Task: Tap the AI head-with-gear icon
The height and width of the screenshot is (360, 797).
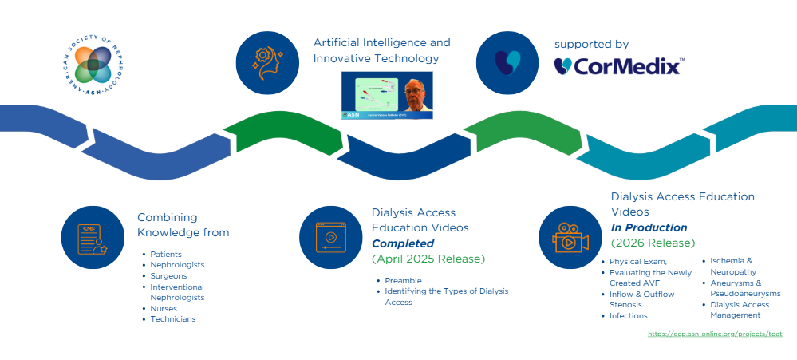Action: coord(268,61)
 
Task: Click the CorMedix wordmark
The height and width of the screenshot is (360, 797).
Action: coord(619,65)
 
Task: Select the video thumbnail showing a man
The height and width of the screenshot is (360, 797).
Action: coord(387,96)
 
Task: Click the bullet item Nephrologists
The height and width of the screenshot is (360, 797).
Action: coord(177,265)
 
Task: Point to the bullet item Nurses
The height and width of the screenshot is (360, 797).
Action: coord(164,308)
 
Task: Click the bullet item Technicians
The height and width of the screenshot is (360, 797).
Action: coord(173,319)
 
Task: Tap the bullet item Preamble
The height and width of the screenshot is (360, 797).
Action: coord(403,280)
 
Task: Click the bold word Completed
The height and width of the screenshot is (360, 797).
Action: coord(403,243)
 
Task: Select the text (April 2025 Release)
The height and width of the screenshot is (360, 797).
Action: coord(428,259)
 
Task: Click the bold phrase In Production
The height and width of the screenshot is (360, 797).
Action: coord(648,227)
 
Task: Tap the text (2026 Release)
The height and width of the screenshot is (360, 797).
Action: coord(653,243)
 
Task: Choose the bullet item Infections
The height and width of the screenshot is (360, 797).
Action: coord(628,316)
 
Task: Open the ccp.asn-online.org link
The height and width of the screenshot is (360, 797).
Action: coord(715,334)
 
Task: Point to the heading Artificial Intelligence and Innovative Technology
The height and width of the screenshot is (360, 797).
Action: coord(381,50)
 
